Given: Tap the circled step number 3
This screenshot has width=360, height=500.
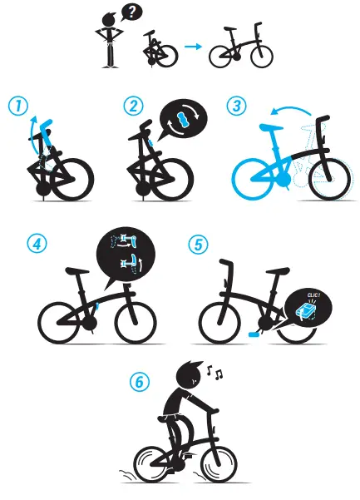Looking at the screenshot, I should [237, 106].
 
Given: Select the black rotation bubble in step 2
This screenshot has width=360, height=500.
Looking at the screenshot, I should [182, 119].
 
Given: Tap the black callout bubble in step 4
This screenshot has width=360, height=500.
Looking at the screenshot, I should [126, 255].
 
